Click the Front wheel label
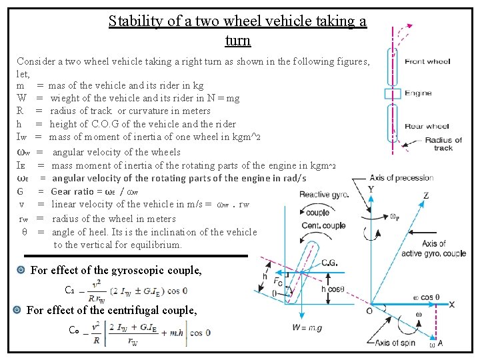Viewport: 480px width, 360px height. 427,62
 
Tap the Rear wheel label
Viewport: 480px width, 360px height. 427,126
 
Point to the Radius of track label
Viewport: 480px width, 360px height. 443,144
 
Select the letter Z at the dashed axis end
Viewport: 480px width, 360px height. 426,195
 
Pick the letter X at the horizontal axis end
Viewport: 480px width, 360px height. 451,304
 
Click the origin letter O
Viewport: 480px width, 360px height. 369,311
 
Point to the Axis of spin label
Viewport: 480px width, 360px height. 395,343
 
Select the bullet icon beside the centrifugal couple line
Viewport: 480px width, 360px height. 17,310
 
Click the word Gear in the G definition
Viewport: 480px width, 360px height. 62,191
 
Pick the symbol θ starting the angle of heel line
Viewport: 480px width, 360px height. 24,232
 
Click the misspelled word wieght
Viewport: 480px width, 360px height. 68,99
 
